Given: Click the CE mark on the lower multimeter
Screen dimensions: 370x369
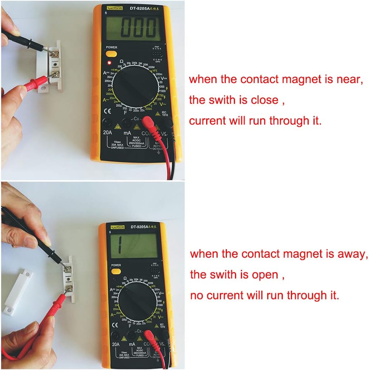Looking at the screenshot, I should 115,325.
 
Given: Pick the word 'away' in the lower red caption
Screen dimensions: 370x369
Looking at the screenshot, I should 353,254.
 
